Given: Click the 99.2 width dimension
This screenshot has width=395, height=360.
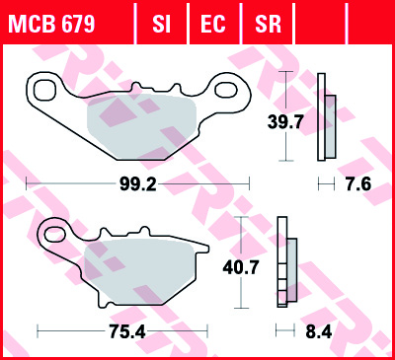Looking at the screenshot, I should tap(137, 184).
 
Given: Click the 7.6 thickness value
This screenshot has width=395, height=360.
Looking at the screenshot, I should tap(358, 184).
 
